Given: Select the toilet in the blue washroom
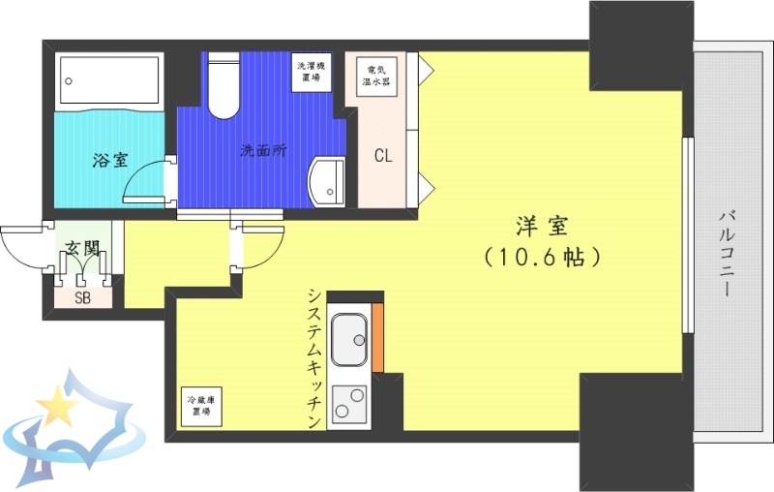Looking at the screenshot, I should [x=223, y=84].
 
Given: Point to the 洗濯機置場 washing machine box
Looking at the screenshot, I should [x=312, y=71].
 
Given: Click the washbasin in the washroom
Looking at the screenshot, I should [x=326, y=180].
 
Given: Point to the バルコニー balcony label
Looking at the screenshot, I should [x=727, y=252].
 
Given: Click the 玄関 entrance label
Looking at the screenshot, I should [x=82, y=249].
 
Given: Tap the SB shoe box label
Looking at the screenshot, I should [x=82, y=297].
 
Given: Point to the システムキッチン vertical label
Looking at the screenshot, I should [x=314, y=358].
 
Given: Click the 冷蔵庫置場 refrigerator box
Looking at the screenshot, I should [x=200, y=406].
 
